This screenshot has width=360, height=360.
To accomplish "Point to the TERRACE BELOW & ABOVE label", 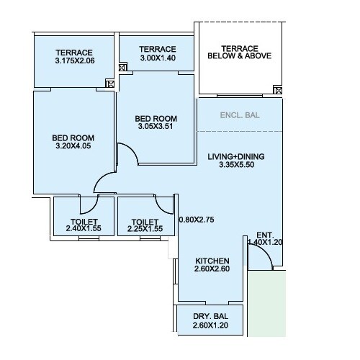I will (239, 51).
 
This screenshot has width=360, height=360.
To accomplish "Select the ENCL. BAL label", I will (239, 115).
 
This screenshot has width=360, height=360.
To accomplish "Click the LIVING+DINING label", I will (236, 156).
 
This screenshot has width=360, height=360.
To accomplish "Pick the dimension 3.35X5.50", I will (236, 166).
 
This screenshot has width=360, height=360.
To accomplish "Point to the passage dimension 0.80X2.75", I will (197, 220).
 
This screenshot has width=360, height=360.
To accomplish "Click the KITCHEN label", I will (212, 261).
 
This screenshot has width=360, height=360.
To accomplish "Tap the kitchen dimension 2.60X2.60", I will (212, 270).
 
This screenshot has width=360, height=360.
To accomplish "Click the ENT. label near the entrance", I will (264, 235).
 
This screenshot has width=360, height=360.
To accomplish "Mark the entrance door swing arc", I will (261, 256).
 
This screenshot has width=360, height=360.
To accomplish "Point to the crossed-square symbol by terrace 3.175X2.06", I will (109, 84).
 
